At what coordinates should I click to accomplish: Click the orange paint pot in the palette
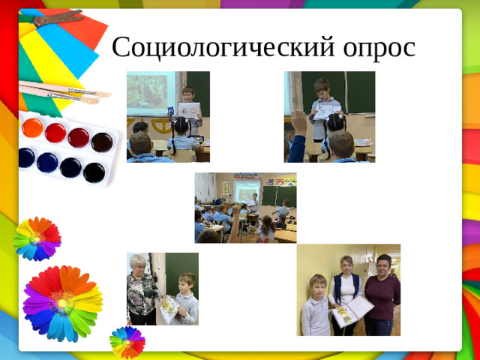(32, 127)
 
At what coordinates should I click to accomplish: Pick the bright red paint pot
(55, 133)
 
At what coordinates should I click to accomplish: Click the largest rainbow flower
(62, 301)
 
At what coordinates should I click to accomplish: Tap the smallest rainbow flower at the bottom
(127, 342)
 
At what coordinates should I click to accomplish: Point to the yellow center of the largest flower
(61, 302)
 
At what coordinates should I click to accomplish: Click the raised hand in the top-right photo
(298, 120)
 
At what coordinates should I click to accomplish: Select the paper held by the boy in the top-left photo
(189, 110)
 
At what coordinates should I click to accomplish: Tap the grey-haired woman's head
(139, 264)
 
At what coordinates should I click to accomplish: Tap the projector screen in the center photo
(247, 190)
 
